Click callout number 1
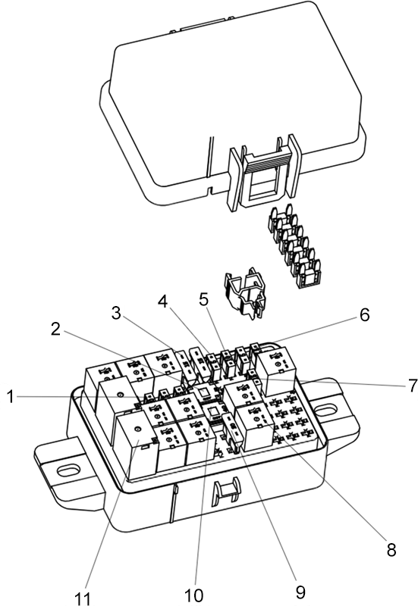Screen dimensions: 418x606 point(11,397)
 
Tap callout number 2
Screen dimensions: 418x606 point(55,329)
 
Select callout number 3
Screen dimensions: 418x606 point(116,313)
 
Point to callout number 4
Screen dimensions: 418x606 point(162,301)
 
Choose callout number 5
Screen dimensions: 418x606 point(203,298)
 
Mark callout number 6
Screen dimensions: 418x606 point(364,314)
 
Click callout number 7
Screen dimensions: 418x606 point(412,385)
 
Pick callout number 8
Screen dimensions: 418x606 point(391,549)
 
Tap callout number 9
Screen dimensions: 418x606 point(300,592)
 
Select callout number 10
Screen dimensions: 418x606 point(193,595)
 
